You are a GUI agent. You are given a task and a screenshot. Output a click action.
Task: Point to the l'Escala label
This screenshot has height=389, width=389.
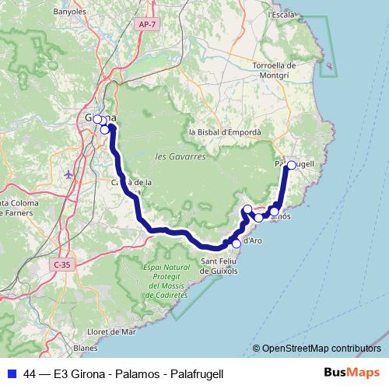[x=281, y=14]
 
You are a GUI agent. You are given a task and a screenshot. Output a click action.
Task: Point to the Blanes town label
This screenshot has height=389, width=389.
[x=85, y=348]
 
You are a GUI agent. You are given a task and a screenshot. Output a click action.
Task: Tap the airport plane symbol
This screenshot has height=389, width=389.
[x=69, y=173]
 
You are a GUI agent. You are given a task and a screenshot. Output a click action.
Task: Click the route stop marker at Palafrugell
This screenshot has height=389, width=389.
[x=291, y=165]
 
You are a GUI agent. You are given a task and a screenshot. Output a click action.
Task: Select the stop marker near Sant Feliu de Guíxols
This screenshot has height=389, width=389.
[x=237, y=244]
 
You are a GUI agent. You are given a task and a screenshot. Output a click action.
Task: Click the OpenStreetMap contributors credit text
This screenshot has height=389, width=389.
[x=321, y=349]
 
